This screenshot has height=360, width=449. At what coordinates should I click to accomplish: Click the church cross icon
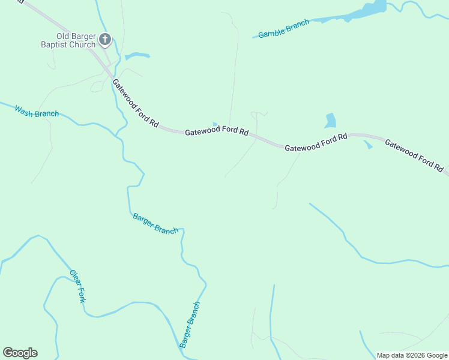105,40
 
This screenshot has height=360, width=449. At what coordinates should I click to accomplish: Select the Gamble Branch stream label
284,29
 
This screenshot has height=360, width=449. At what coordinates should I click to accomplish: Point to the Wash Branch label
37,112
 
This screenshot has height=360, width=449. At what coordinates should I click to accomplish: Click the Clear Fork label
77,286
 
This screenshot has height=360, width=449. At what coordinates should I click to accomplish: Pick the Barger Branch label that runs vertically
189,325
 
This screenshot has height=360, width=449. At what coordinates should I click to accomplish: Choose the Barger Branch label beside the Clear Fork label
155,224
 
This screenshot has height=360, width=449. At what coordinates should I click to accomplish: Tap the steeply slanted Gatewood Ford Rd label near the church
135,103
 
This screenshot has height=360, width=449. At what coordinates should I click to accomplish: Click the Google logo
20,353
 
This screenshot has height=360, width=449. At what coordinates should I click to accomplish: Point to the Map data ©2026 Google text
412,355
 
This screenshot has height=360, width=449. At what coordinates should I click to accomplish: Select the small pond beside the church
137,56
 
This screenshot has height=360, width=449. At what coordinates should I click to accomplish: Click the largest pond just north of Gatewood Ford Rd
330,121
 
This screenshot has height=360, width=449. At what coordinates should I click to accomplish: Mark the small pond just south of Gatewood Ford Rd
367,145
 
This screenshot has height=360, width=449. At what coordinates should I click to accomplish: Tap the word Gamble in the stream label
273,32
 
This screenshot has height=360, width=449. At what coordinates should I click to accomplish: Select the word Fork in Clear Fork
80,293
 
